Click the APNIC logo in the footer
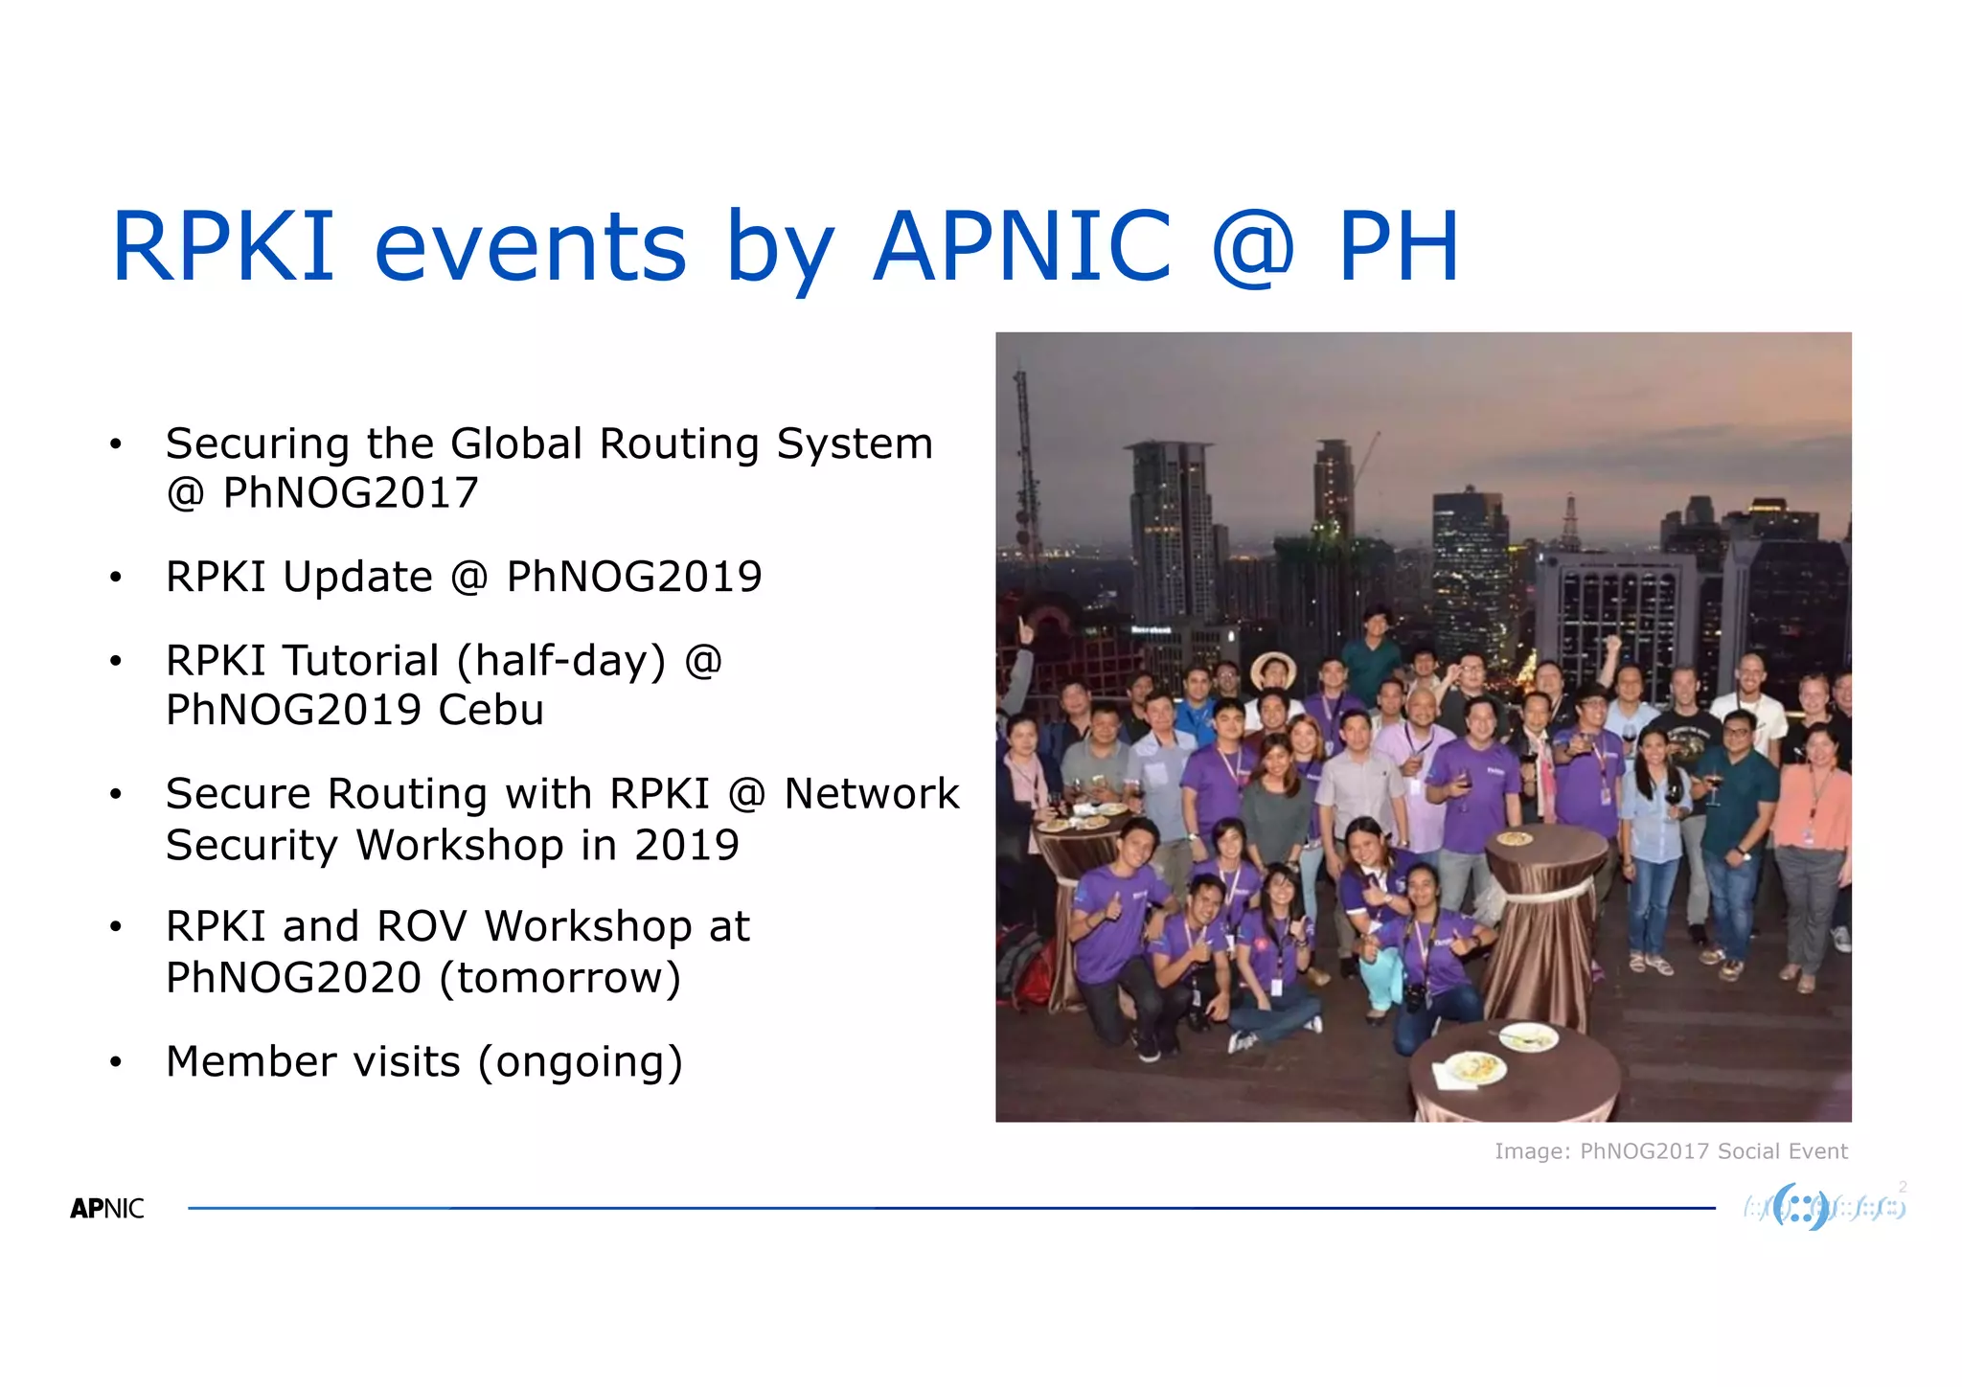click(x=107, y=1209)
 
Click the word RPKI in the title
click(x=223, y=247)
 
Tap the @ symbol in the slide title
click(x=1253, y=247)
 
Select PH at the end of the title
click(x=1398, y=247)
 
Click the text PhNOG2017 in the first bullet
click(x=350, y=493)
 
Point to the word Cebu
click(x=490, y=711)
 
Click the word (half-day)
click(x=560, y=661)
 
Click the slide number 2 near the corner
click(x=1903, y=1187)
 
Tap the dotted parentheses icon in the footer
click(x=1801, y=1207)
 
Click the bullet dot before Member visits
click(x=116, y=1062)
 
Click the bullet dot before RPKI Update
click(x=116, y=578)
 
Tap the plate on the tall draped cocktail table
click(x=1515, y=839)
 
